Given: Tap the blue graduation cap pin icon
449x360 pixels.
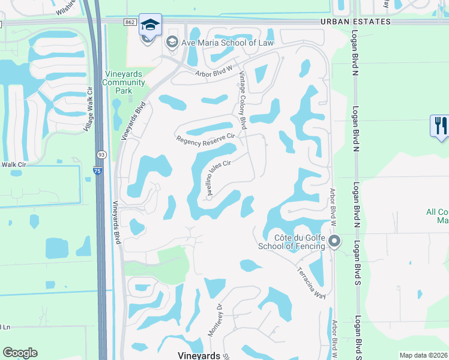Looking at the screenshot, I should (150, 25).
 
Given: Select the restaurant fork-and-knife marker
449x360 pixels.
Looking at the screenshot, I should (439, 126).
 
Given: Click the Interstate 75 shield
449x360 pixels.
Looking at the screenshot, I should (98, 172).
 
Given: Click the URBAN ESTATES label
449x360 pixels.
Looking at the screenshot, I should (355, 22).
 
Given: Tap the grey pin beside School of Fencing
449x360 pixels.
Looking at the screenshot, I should (334, 242).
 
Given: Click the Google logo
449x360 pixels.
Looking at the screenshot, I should (20, 353).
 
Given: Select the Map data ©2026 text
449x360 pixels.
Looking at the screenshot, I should (423, 355).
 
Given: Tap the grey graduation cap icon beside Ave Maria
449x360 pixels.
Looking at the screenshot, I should (172, 43).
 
